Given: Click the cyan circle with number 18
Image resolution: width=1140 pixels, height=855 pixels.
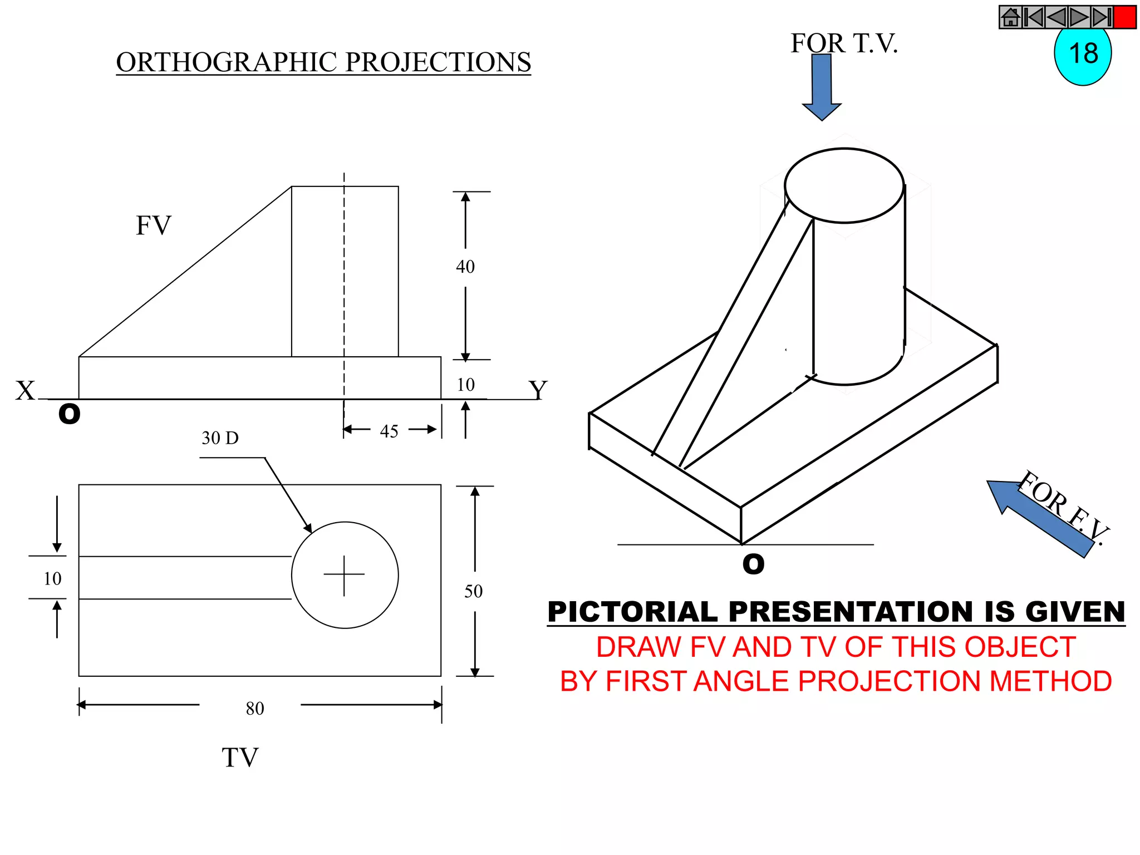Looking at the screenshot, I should coord(1082,56).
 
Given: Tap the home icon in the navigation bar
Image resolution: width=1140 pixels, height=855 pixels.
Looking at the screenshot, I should coord(1010,17).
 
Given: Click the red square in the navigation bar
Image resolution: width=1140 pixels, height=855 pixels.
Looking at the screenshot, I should coord(1124,17).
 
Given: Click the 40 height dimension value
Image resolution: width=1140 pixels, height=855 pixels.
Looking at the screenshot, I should coord(465,267).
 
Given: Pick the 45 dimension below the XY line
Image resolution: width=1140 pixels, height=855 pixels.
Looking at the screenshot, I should coord(389,431).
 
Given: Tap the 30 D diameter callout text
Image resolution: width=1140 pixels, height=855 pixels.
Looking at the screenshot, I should coord(220,438).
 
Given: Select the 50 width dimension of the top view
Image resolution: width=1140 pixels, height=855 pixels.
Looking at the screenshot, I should coord(474,591).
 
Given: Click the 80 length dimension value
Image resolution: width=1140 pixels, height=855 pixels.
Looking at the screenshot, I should coord(255,709).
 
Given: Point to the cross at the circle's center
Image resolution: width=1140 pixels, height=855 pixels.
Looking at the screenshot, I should coord(345,575).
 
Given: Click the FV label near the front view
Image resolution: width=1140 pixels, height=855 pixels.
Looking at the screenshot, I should coord(154,225).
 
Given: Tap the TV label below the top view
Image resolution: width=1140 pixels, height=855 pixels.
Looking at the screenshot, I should coord(240,758).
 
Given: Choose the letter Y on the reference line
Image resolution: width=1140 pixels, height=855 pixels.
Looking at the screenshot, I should coord(538,390).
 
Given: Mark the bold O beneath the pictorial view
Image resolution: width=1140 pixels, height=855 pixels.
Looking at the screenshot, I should coord(753,564).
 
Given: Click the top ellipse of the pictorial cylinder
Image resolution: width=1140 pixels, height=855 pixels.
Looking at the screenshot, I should coord(844,185).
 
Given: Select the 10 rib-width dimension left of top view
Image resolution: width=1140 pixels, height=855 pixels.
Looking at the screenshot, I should coord(52,579).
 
